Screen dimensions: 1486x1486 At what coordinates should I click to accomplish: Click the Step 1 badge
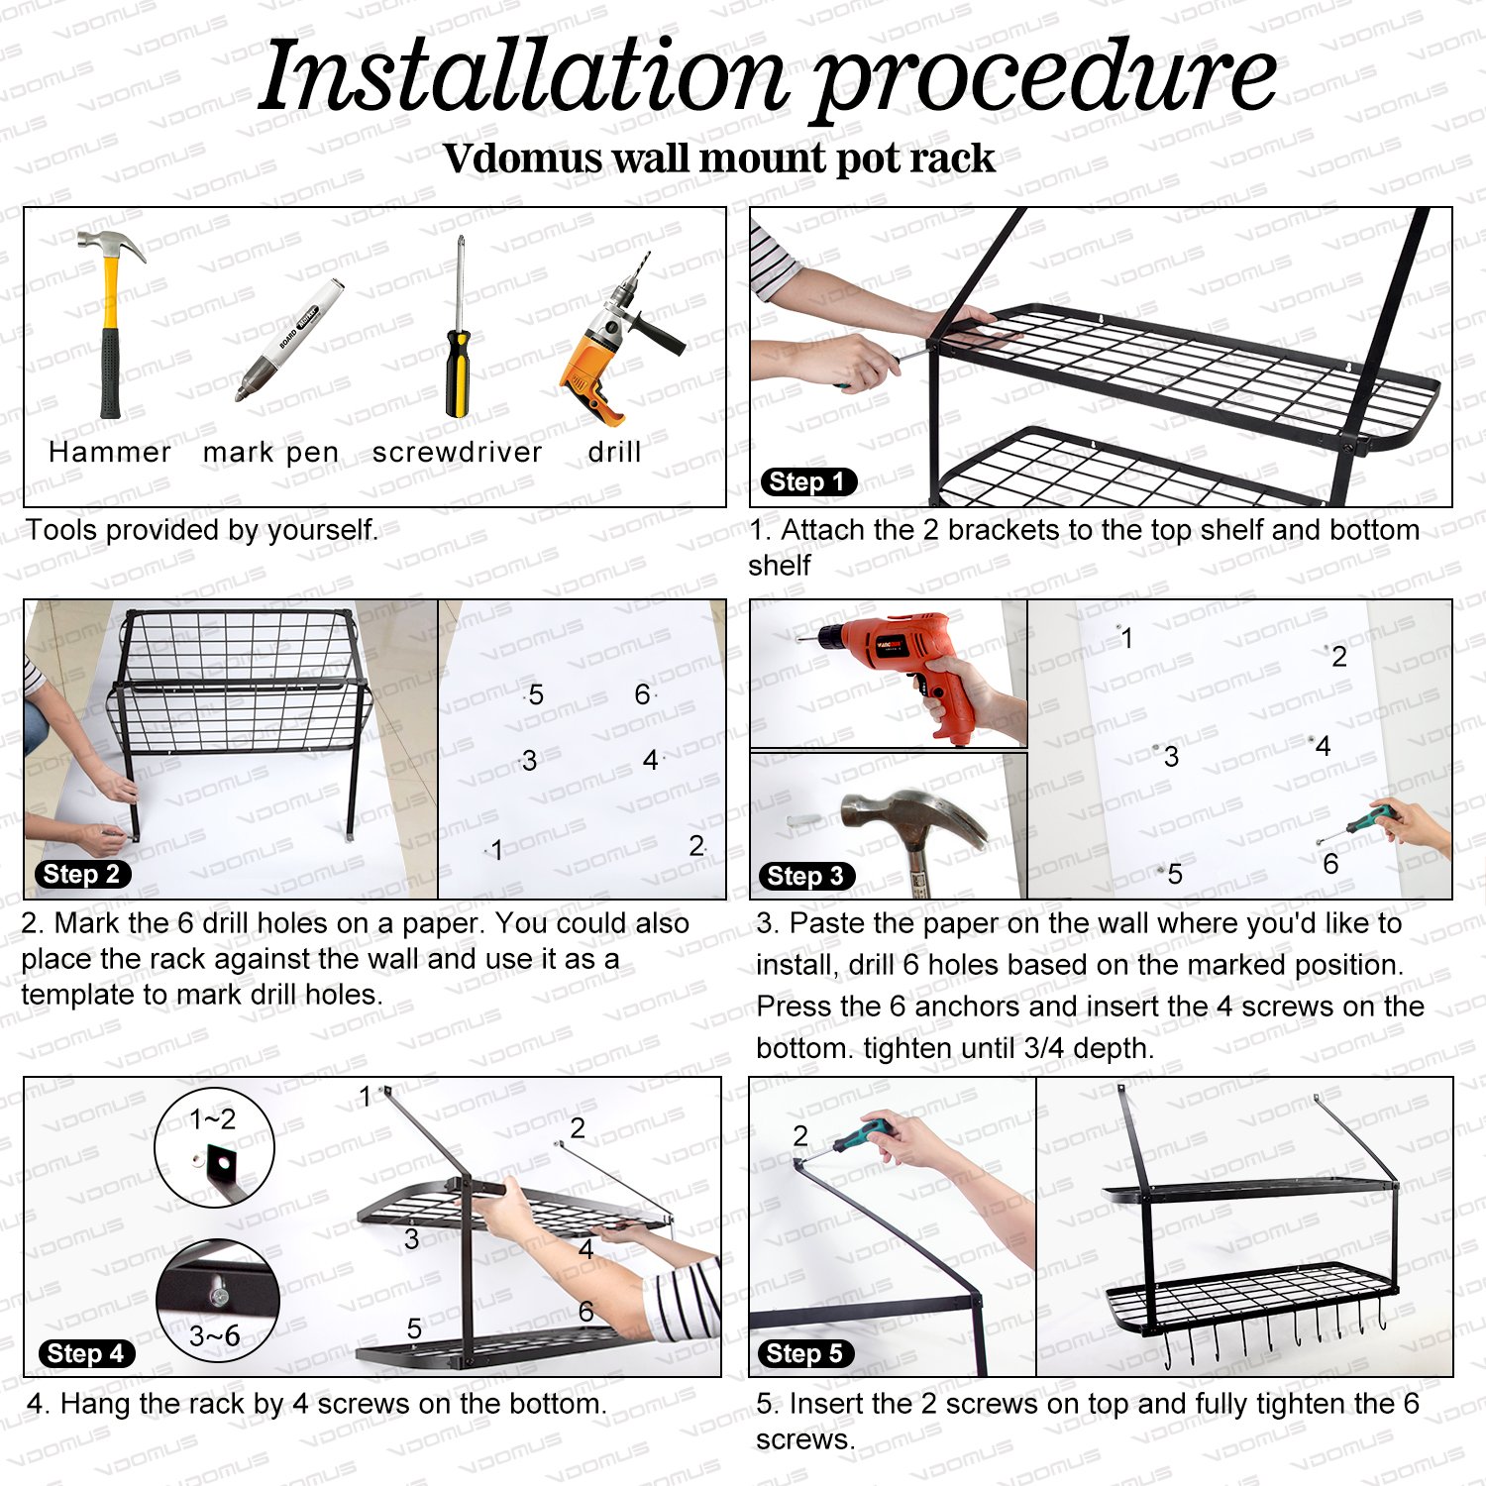coord(808,482)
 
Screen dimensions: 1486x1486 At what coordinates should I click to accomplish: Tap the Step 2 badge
coord(82,874)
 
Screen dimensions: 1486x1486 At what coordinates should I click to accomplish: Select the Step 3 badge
coord(806,876)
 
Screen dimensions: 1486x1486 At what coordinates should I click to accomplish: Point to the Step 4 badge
coord(86,1353)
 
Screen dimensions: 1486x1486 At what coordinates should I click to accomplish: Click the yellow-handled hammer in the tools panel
coord(110,322)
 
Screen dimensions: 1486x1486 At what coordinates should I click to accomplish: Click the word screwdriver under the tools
coord(457,453)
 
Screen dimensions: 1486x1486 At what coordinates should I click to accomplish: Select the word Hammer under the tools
coord(110,453)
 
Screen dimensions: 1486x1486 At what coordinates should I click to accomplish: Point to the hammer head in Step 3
coord(911,814)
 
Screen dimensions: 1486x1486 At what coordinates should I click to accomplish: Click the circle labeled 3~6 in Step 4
coord(217,1301)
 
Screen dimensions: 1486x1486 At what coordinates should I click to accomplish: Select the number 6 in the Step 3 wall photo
coord(1330,864)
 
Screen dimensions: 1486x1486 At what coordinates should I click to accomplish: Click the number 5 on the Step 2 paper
coord(536,694)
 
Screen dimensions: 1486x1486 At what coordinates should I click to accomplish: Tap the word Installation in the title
coord(523,76)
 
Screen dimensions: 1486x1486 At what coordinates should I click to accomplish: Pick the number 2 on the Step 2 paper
coord(696,845)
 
